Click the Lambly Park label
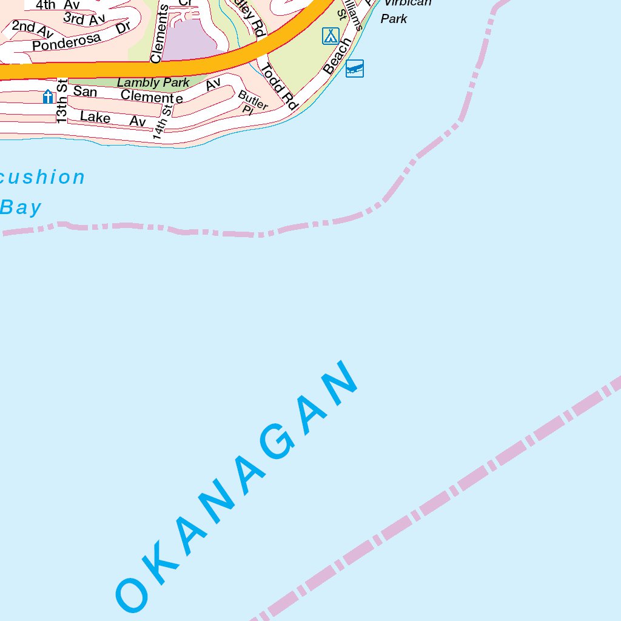coord(153,82)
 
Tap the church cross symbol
coord(48,96)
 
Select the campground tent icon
coord(331,36)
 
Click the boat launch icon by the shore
coord(355,69)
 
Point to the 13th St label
coord(61,101)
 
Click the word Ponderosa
coord(67,42)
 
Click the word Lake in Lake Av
coord(95,116)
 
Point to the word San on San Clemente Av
coord(85,92)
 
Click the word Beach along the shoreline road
coord(337,56)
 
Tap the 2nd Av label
coord(32,27)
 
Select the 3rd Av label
coord(84,19)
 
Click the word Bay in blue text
coord(21,207)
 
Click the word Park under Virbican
coord(394,19)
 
